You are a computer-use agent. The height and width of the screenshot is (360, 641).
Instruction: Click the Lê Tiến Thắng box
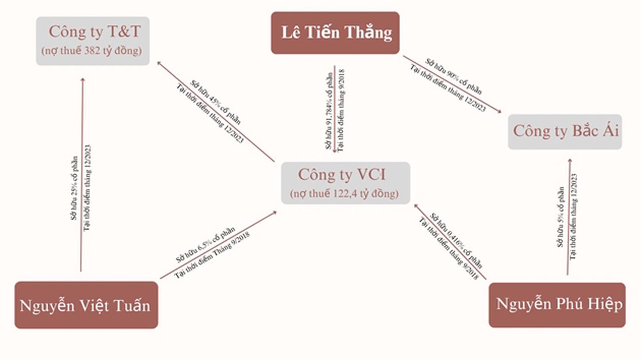(x=335, y=33)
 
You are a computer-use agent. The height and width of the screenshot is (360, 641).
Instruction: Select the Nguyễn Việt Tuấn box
(x=86, y=305)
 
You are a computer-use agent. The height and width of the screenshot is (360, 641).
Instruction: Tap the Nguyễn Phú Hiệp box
(x=557, y=305)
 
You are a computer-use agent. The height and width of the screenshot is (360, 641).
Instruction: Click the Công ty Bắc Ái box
(x=565, y=132)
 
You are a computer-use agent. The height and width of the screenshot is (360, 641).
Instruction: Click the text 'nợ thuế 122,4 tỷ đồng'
(x=344, y=194)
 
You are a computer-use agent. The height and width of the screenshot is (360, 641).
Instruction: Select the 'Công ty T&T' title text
(x=95, y=32)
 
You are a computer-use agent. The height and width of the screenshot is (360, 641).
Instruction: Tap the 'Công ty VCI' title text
(x=342, y=175)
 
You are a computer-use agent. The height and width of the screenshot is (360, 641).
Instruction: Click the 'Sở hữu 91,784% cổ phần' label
(x=329, y=111)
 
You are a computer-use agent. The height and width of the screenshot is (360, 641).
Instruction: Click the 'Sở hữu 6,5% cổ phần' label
(x=205, y=245)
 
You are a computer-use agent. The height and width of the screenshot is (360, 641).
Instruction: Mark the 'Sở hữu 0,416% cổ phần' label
(x=456, y=240)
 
